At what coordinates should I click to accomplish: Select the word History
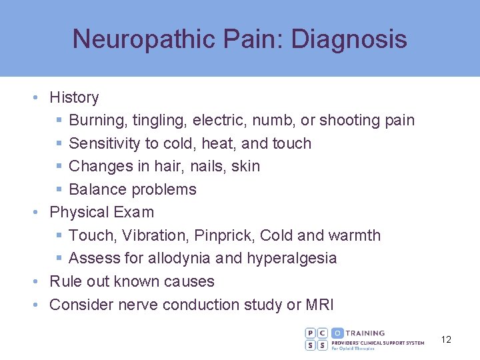pos(74,97)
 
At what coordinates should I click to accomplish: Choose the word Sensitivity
pos(105,143)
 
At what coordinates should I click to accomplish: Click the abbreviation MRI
pos(320,305)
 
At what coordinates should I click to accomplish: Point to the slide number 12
pos(446,339)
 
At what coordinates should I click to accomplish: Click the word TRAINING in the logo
pos(365,333)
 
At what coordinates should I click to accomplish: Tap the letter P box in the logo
pos(311,333)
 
